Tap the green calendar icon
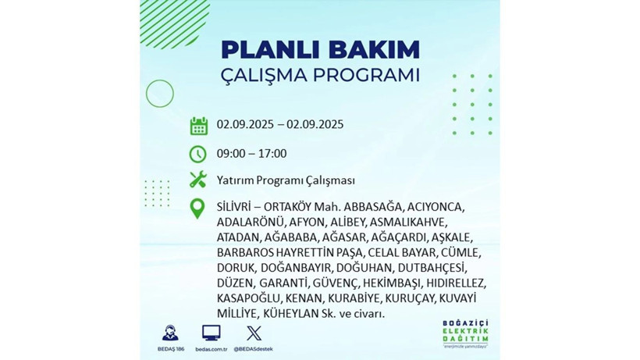pos(198,125)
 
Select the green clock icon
pos(198,153)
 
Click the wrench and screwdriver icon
pos(198,180)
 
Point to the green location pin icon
pos(198,209)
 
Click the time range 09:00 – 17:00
pos(252,153)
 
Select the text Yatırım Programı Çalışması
pos(286,180)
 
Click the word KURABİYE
pos(351,298)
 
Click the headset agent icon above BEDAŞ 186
pos(169,332)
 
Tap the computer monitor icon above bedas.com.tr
pos(211,332)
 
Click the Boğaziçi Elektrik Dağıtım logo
pos(464,335)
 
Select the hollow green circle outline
pos(159,94)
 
